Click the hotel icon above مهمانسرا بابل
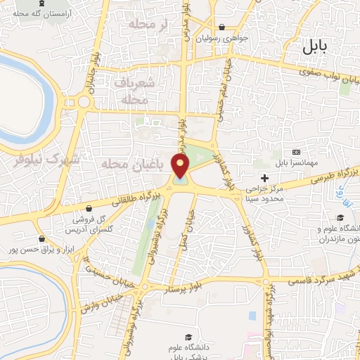[x=296, y=152]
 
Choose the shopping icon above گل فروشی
[x=89, y=208]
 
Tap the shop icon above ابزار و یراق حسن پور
[x=44, y=239]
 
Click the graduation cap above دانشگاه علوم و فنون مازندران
[x=340, y=218]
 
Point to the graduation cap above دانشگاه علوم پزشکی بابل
[x=187, y=336]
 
